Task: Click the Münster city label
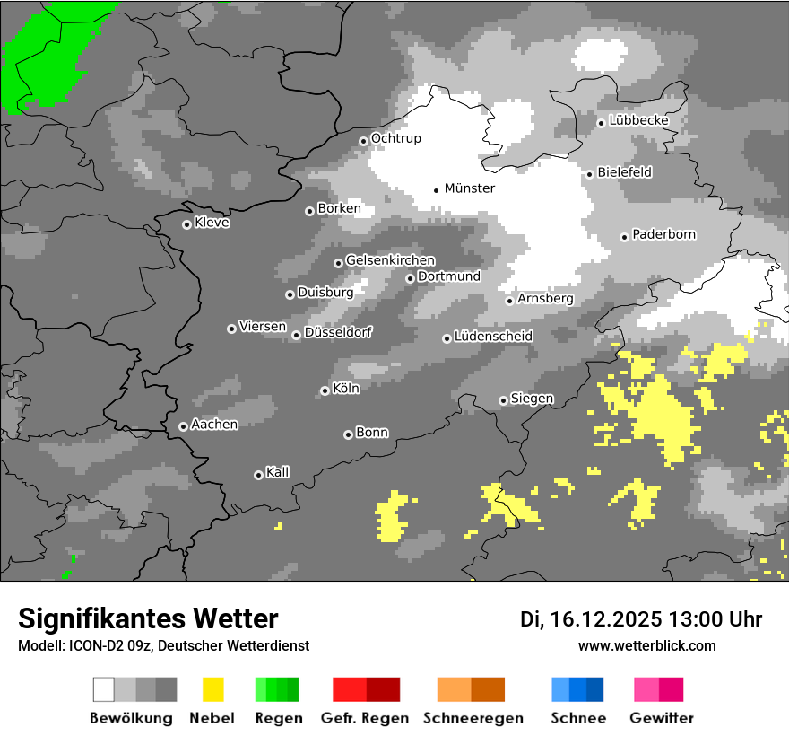470,188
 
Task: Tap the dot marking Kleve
186,224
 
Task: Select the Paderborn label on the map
664,234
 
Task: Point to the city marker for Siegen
503,400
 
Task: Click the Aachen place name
214,425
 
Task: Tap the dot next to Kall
258,475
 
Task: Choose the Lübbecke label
639,120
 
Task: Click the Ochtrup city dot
363,140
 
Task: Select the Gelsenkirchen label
390,260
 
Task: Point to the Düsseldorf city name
338,332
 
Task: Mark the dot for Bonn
348,434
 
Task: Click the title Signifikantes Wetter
148,618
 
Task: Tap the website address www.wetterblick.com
647,645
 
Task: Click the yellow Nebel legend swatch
213,689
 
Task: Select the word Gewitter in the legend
662,718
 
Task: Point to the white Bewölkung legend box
103,689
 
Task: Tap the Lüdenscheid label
493,337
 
